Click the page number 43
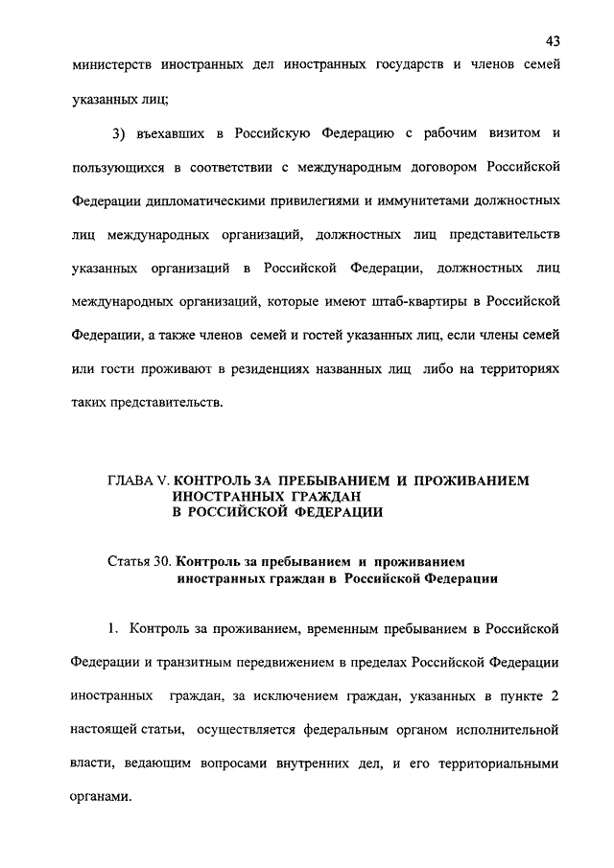(x=552, y=40)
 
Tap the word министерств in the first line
(x=114, y=66)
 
